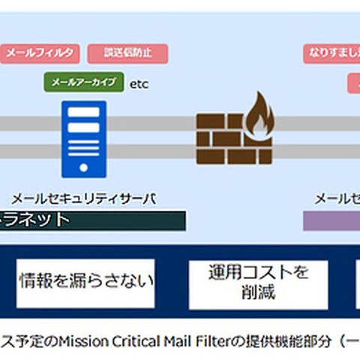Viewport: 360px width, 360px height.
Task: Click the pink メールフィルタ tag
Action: click(x=40, y=53)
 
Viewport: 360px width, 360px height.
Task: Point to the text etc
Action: click(x=139, y=83)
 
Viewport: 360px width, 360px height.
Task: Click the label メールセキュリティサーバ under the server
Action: click(x=82, y=198)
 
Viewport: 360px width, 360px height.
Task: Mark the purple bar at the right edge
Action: click(x=331, y=220)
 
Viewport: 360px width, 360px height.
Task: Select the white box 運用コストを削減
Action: click(x=258, y=282)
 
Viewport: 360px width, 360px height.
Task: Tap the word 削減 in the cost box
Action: click(x=258, y=292)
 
